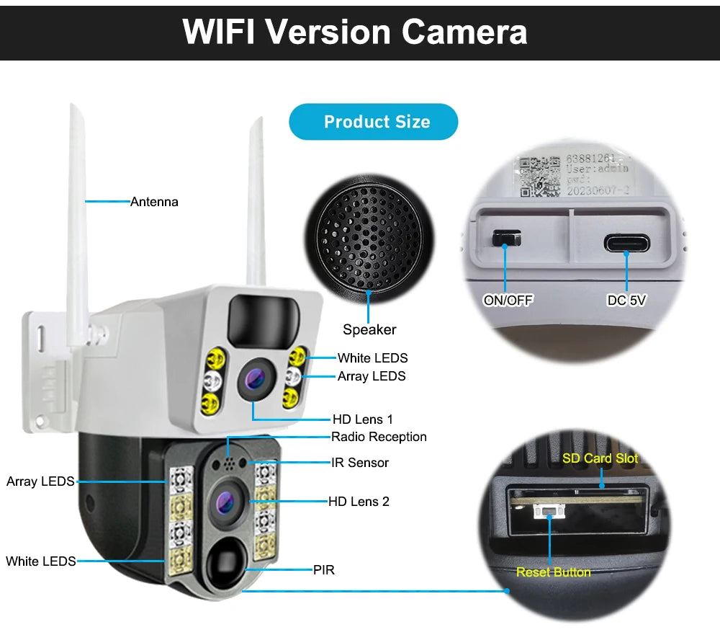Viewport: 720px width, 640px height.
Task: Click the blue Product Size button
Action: [374, 122]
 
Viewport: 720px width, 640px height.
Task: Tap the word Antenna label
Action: [154, 202]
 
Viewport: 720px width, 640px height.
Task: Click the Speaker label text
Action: [369, 329]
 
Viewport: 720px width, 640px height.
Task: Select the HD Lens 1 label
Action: [363, 419]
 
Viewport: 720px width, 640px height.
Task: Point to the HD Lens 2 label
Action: [359, 501]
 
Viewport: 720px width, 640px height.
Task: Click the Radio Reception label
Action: [379, 437]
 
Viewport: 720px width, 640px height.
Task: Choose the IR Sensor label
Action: [360, 463]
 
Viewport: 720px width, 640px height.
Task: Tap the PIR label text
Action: [324, 570]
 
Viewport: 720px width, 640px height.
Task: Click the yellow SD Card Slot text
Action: [600, 458]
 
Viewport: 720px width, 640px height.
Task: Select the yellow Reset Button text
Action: [553, 572]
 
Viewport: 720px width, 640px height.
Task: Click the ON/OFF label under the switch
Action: [508, 301]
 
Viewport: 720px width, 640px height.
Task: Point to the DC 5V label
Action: [626, 301]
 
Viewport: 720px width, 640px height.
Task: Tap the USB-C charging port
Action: [626, 243]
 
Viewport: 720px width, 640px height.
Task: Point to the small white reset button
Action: [547, 512]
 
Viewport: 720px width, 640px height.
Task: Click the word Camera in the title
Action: [464, 32]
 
